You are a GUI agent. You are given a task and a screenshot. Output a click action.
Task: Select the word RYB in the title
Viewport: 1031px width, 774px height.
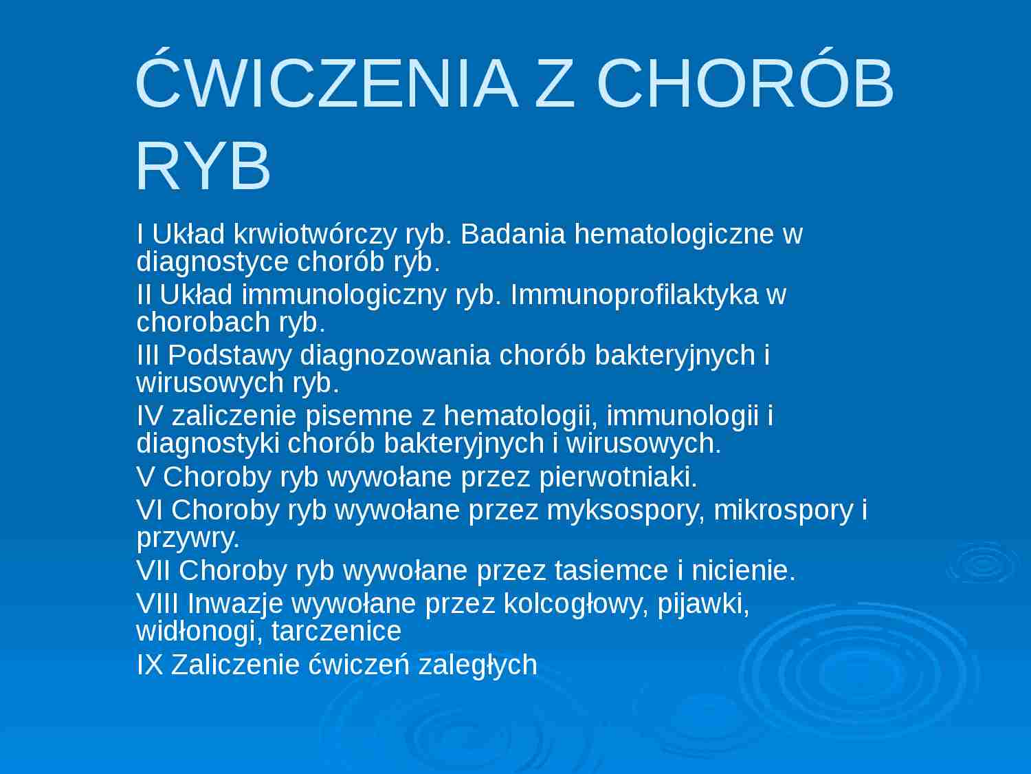(203, 166)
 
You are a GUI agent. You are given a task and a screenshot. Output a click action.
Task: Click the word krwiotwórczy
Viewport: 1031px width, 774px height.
(315, 235)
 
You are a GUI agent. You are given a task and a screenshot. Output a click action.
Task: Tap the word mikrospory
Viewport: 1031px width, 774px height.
(783, 510)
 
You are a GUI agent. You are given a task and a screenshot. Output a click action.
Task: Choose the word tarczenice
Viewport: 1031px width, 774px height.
(336, 631)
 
